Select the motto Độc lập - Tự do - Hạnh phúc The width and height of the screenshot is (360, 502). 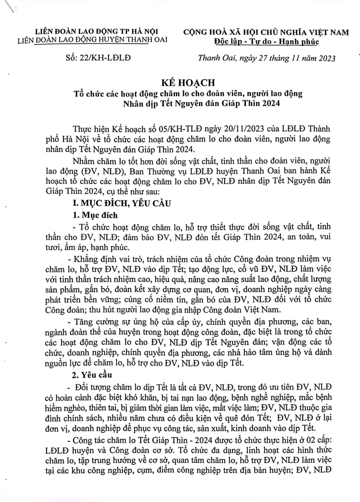pos(266,41)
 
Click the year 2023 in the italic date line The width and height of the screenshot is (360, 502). pos(325,58)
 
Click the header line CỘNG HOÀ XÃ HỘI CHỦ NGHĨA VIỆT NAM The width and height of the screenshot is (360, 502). pos(266,32)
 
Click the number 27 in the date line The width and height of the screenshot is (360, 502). pos(263,58)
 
